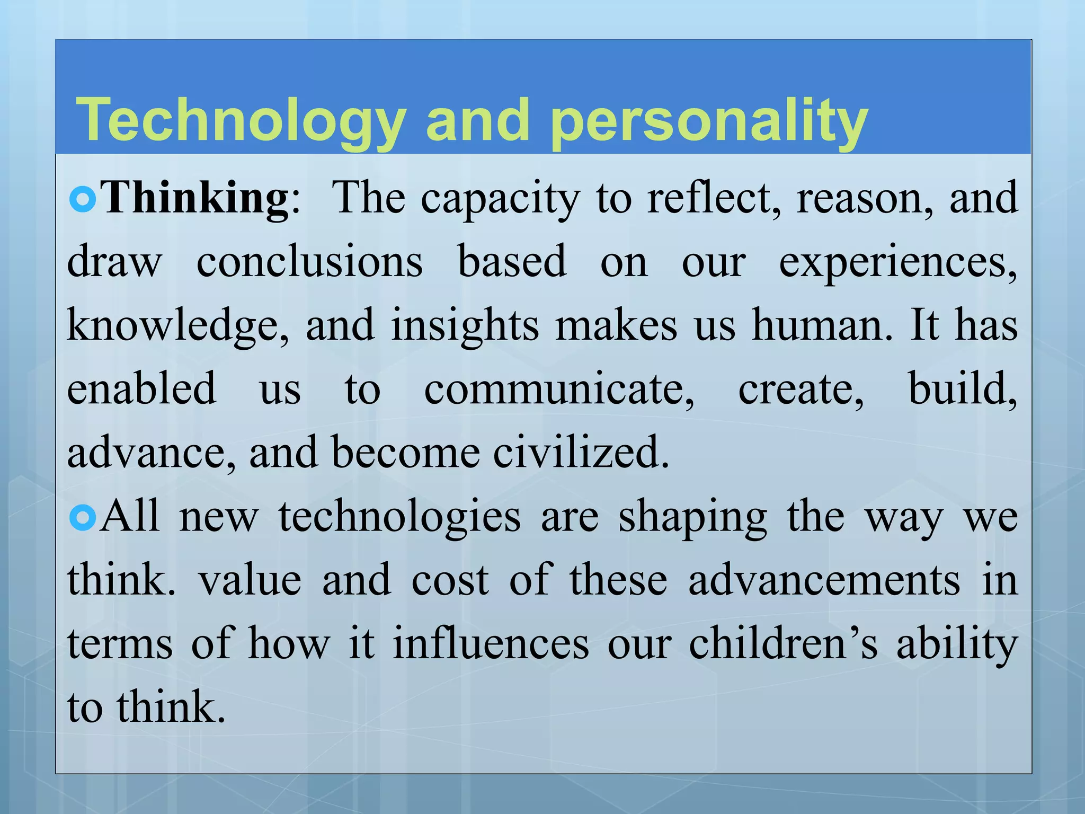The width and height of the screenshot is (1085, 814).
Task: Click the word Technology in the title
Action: pos(241,121)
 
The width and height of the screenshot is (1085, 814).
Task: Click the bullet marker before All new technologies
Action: pos(83,518)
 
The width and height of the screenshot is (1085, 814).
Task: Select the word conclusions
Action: pos(309,262)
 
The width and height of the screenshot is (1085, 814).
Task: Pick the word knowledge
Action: pos(178,326)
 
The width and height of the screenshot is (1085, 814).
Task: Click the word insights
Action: pos(465,326)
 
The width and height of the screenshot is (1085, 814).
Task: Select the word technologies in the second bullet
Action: pos(400,518)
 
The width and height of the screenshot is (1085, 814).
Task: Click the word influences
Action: pos(491,644)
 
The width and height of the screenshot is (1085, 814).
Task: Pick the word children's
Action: pos(783,644)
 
